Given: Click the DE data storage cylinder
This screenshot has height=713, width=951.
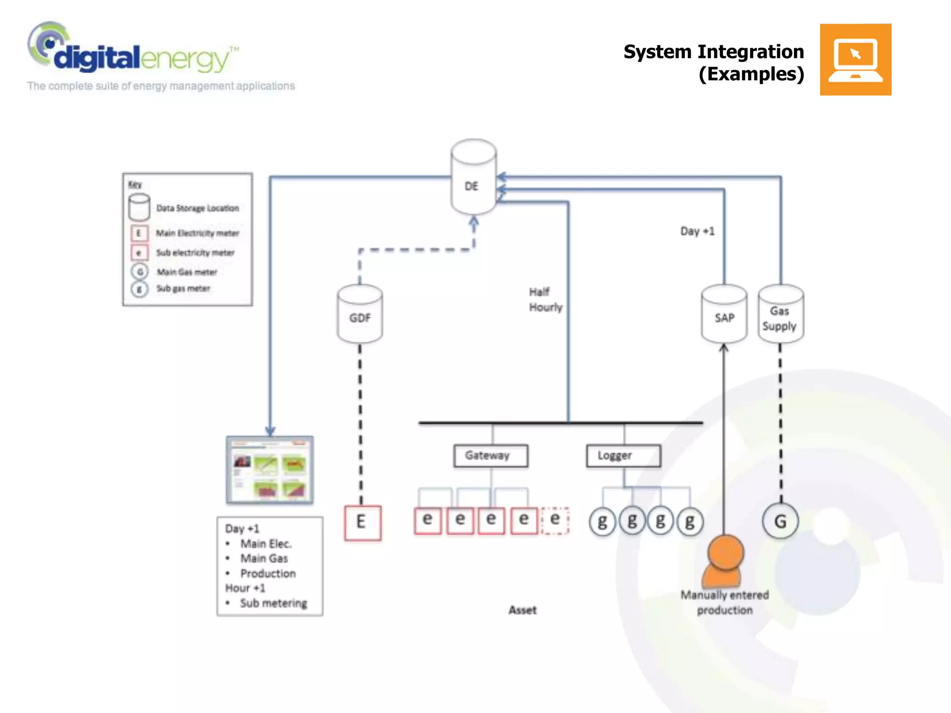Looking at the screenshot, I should tap(473, 179).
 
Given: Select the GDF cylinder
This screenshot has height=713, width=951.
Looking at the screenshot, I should tap(360, 316).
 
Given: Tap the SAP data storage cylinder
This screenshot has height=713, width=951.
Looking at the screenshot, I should tap(724, 316).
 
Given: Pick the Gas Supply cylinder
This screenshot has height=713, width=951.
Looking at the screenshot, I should tap(781, 316).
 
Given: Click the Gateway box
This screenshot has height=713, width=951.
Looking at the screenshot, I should tap(490, 456).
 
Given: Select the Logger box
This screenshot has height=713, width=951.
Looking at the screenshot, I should tap(623, 456).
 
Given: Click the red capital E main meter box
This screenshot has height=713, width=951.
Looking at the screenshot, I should tap(362, 523).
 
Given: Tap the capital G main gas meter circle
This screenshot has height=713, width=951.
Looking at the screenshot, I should tap(781, 522).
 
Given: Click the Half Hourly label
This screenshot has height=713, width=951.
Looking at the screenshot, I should tap(545, 300).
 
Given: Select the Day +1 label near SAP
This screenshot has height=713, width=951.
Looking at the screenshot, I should tap(697, 231).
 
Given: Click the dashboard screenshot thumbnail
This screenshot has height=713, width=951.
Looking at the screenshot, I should tap(270, 470).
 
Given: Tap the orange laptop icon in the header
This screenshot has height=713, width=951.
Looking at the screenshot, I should tap(855, 60).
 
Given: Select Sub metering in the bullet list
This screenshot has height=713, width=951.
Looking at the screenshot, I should tap(273, 603).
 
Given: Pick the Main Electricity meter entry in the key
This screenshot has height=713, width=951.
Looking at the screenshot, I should tap(197, 233).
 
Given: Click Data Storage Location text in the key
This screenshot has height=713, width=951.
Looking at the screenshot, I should tap(197, 208).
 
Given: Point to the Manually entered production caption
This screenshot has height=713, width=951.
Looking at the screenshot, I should tap(724, 603).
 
